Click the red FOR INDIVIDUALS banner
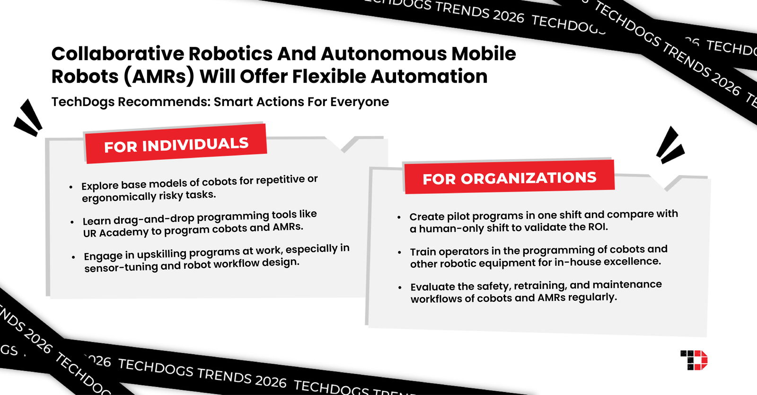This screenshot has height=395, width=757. coord(176,144)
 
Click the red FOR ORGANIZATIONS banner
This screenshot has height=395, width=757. coord(509,177)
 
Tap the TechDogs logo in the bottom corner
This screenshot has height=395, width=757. coord(694,360)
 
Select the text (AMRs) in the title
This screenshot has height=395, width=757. coord(159,77)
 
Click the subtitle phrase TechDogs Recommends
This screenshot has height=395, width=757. coord(130,102)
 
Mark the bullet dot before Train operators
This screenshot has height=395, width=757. coord(400,253)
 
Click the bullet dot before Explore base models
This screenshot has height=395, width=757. coord(71,187)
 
